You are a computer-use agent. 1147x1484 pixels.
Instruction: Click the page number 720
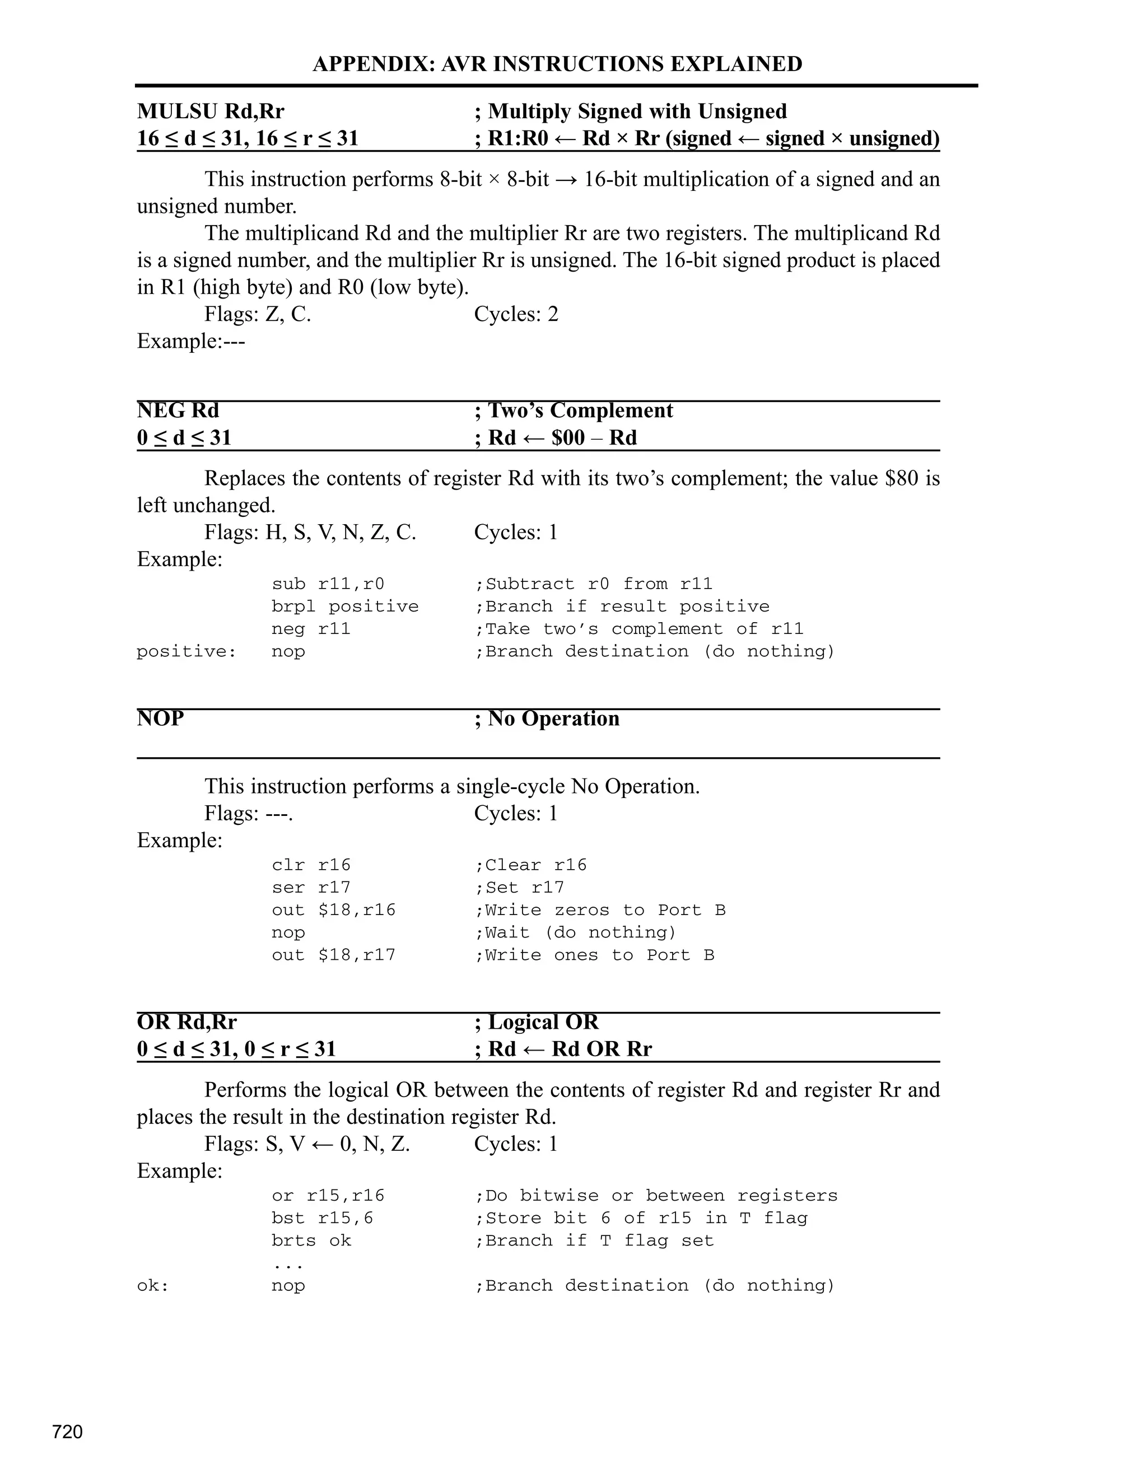click(67, 1432)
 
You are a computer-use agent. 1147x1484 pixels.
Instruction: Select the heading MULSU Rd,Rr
click(211, 111)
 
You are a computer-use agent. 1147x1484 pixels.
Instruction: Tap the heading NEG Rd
click(178, 410)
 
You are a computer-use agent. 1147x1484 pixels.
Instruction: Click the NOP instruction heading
click(160, 718)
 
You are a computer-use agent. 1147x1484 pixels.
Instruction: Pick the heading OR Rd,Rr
click(187, 1022)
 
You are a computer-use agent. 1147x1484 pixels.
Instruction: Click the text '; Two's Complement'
click(573, 410)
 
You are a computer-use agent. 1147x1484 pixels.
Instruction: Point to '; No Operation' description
click(547, 718)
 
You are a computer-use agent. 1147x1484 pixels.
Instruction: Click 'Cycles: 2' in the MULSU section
click(516, 314)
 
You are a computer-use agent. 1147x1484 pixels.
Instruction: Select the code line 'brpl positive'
click(345, 606)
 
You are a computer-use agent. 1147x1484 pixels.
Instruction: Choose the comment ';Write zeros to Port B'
click(600, 910)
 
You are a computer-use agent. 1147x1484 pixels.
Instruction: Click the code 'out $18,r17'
click(333, 955)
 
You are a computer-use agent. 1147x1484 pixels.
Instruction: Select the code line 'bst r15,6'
click(322, 1217)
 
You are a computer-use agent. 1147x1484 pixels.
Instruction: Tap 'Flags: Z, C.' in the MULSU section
click(258, 314)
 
